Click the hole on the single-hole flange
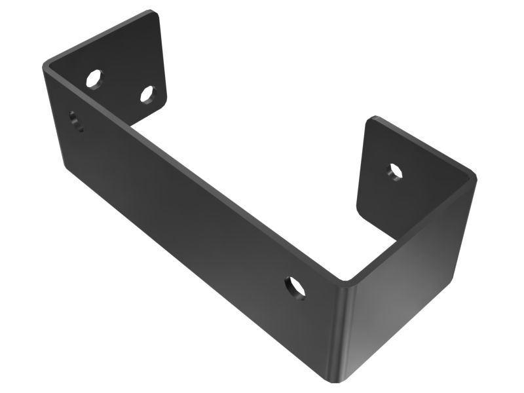394,172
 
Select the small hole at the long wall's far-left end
76,121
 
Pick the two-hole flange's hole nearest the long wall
95,79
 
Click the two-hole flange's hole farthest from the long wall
147,95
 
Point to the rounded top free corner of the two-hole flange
156,13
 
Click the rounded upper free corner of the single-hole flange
373,119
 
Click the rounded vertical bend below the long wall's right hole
346,327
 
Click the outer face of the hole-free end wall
413,295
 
